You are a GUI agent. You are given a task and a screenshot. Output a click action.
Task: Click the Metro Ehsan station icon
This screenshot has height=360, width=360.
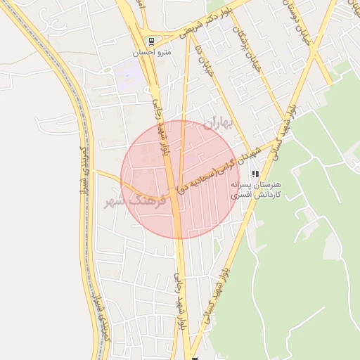[x=150, y=41]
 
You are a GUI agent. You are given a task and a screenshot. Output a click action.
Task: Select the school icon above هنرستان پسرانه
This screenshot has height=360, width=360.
[x=256, y=174]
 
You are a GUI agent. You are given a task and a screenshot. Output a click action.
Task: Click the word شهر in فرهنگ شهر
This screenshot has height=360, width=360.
[x=117, y=202]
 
